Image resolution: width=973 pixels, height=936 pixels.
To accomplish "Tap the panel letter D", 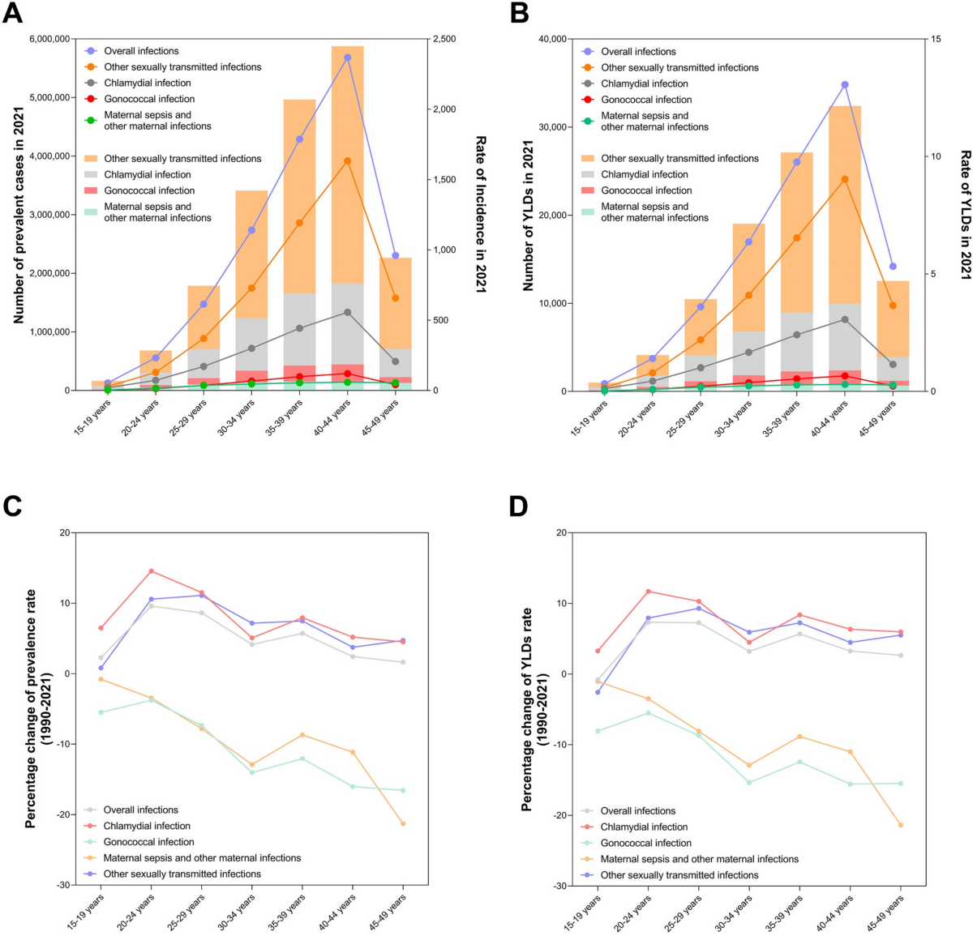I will click(x=519, y=506).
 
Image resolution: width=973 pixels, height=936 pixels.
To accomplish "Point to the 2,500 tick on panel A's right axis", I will click(x=444, y=39).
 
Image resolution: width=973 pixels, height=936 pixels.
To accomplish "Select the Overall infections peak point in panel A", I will click(x=347, y=58).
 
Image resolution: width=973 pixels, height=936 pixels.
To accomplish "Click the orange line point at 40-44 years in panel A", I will click(x=347, y=160).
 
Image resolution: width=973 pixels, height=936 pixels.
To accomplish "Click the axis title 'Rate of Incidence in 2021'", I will click(x=480, y=214).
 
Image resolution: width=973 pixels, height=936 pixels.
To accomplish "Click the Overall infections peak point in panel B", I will click(x=844, y=84).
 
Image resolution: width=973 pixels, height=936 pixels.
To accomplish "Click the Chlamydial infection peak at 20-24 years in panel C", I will click(x=151, y=571).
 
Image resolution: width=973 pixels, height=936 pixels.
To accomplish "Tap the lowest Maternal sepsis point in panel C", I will click(x=403, y=823).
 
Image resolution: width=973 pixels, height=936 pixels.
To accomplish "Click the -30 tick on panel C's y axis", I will click(x=61, y=885).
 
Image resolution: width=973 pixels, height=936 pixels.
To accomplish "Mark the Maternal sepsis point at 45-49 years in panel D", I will click(x=900, y=825).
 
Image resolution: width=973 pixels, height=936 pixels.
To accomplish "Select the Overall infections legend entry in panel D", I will click(x=637, y=810).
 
